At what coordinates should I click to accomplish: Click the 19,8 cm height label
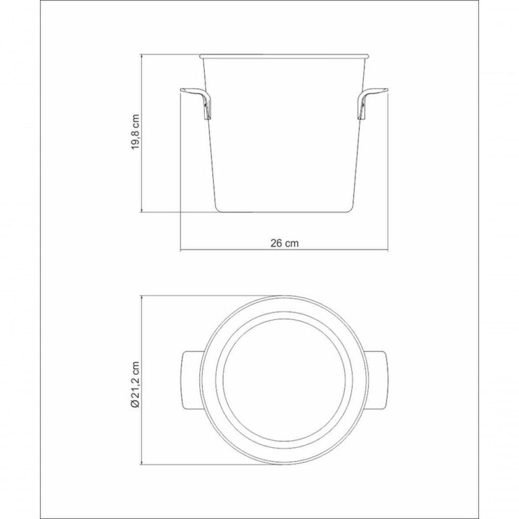click(135, 132)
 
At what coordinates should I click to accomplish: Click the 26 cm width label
click(284, 242)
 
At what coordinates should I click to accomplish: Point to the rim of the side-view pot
click(284, 54)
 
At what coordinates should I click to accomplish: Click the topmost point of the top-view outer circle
click(284, 296)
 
